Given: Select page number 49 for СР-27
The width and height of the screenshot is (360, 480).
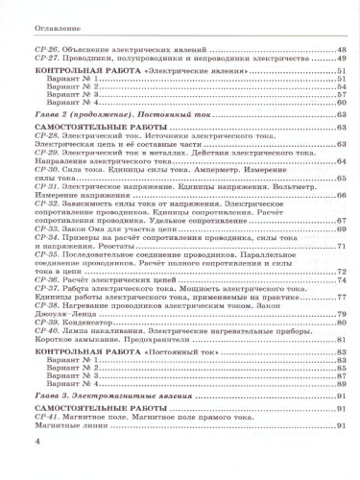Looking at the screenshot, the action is (x=341, y=59).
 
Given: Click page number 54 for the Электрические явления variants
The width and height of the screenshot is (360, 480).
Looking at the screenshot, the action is (x=341, y=84).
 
